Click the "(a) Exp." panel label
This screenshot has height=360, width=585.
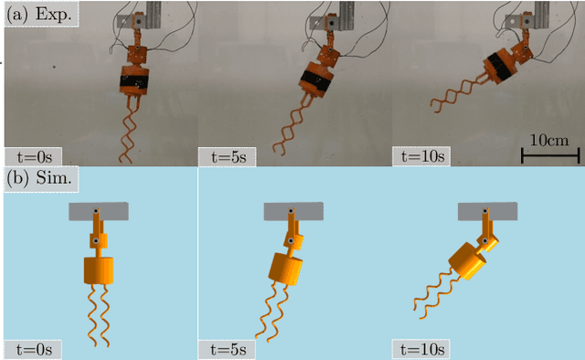click(41, 15)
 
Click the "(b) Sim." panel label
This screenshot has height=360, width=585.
click(41, 179)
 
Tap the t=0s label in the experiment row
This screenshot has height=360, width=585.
click(34, 157)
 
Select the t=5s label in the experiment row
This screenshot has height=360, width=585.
click(229, 157)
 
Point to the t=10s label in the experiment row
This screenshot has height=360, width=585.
click(422, 157)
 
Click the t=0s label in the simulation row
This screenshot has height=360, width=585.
click(34, 350)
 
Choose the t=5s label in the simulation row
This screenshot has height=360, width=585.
click(229, 350)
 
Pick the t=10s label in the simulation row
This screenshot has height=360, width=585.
click(422, 350)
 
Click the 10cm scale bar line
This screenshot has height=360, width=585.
click(550, 155)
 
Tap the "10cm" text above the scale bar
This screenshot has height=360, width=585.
click(549, 141)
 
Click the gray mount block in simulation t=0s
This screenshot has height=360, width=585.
click(99, 211)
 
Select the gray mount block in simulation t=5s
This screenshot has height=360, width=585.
click(293, 211)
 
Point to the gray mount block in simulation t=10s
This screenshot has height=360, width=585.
click(487, 211)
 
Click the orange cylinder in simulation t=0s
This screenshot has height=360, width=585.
click(99, 270)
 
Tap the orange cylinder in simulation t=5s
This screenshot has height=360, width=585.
click(286, 269)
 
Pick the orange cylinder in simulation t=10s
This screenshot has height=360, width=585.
click(467, 260)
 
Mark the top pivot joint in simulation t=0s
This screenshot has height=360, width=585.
click(96, 211)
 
